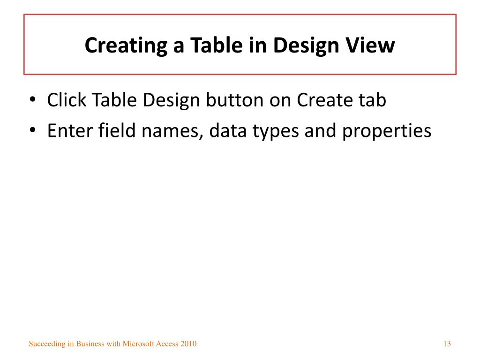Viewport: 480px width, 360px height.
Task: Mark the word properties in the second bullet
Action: click(386, 131)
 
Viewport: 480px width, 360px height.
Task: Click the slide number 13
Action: click(447, 344)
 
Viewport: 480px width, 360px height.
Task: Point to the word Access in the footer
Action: click(166, 344)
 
